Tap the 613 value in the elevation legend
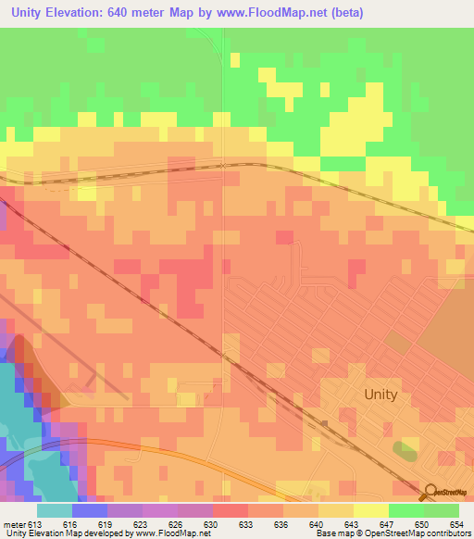coord(35,524)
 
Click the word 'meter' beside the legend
coord(14,524)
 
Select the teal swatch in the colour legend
coord(55,510)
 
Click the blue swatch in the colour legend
coord(90,510)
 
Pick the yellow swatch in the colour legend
coord(370,510)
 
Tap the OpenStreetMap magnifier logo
coord(431,493)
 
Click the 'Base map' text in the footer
coord(332,534)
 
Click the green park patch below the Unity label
coord(405,451)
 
